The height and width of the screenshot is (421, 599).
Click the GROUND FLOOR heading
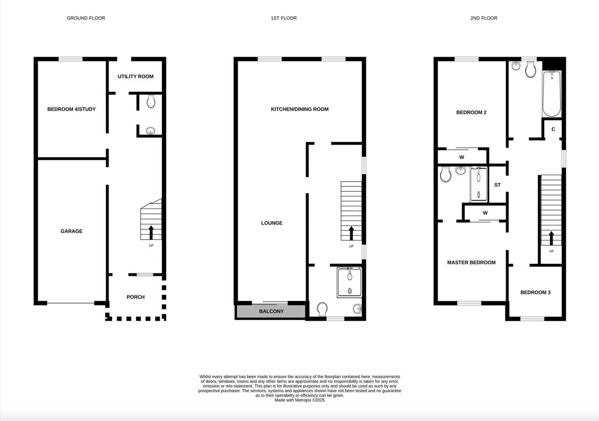coord(86,18)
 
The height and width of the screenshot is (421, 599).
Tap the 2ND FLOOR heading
coord(484,18)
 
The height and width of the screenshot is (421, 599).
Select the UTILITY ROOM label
coord(136,76)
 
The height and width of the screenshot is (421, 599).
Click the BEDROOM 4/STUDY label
coord(71,109)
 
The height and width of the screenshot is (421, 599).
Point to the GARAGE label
coord(71,231)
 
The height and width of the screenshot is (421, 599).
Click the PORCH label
coord(136,297)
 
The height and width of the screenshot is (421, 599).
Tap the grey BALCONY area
coord(271,311)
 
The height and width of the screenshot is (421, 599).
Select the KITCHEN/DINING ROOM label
coord(300,109)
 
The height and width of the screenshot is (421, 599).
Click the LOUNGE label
coord(272,223)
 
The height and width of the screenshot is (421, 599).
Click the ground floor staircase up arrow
coord(151,232)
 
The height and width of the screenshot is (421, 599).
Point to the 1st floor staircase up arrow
coord(351,233)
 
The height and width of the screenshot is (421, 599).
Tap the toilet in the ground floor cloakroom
coord(151,102)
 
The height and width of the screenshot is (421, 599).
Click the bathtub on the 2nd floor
coord(551,94)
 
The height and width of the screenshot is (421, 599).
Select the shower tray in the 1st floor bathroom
coord(350,282)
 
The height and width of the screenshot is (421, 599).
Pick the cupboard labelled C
coord(553,129)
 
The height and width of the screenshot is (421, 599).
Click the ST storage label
coord(497,185)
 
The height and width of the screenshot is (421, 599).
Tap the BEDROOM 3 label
coord(535,292)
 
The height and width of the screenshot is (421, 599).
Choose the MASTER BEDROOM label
coord(471,263)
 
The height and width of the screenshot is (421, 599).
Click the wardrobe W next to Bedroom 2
coord(462,157)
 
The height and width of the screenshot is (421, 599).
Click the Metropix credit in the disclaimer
coord(299,400)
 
